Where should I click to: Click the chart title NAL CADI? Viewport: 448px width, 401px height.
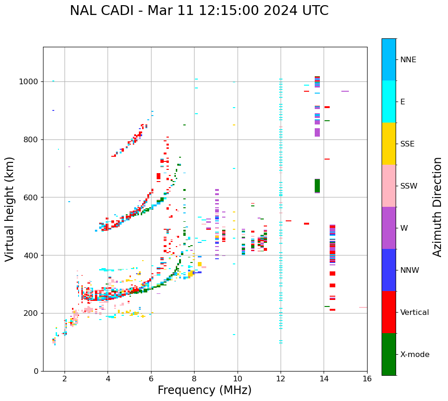point(199,11)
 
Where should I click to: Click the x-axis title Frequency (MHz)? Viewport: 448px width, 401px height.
point(204,390)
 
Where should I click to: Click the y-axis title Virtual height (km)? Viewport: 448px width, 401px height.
point(10,209)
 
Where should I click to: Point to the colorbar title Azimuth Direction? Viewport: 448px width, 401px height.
point(437,206)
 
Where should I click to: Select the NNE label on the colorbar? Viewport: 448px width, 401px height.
point(408,60)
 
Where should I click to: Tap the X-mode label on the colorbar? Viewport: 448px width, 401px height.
point(414,355)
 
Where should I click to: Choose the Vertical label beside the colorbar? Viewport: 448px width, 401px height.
point(414,313)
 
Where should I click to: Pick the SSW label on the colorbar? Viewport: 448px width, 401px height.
point(409,186)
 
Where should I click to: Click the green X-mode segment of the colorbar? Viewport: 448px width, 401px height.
point(389,354)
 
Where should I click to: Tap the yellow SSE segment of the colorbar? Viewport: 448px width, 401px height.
point(389,144)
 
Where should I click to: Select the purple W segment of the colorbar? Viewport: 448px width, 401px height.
point(389,228)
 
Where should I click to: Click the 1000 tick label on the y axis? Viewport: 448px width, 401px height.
point(29,82)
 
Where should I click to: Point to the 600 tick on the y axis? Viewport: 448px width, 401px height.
point(32,197)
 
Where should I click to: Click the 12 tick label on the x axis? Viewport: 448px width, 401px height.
point(281,379)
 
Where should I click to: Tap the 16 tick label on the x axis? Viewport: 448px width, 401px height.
point(367,379)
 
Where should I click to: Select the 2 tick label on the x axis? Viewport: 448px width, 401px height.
point(65,379)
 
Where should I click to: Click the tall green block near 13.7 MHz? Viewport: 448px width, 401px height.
point(317,186)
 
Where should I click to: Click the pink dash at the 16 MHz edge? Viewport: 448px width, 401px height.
point(363,307)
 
